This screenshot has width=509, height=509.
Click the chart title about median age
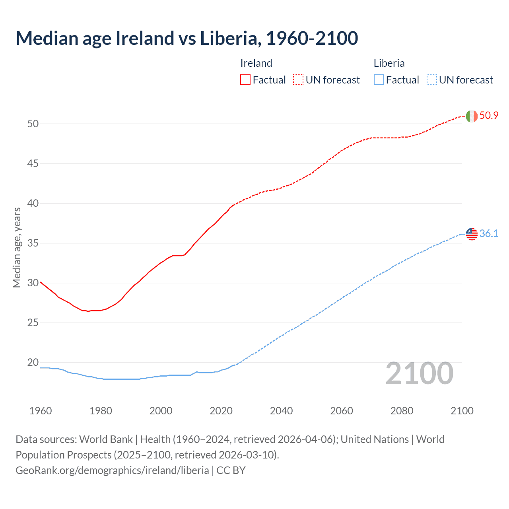click(x=187, y=38)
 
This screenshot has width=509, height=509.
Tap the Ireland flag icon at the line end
click(x=471, y=116)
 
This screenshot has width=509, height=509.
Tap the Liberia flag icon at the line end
click(x=471, y=234)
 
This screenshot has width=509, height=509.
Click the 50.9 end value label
click(x=489, y=116)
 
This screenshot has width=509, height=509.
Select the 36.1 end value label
click(x=489, y=233)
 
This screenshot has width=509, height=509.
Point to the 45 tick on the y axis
click(x=33, y=163)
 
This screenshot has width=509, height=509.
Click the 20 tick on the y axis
click(x=33, y=362)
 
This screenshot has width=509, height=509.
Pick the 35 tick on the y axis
click(x=33, y=243)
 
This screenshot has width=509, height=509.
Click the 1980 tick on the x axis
click(x=101, y=411)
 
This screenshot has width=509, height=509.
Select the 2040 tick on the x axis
click(x=281, y=411)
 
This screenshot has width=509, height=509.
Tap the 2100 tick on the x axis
click(x=462, y=411)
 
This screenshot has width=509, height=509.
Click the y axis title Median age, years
click(x=17, y=247)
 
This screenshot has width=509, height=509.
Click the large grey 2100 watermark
click(x=419, y=373)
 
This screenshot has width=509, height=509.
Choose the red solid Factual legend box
click(x=245, y=80)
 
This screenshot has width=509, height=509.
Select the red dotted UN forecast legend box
click(x=298, y=80)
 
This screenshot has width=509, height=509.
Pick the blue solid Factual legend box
click(x=379, y=80)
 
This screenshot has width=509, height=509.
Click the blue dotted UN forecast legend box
click(x=431, y=80)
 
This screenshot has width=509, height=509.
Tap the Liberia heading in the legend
click(x=389, y=63)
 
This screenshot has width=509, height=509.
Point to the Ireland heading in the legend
click(x=256, y=63)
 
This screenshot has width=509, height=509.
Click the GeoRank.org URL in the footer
click(x=112, y=470)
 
